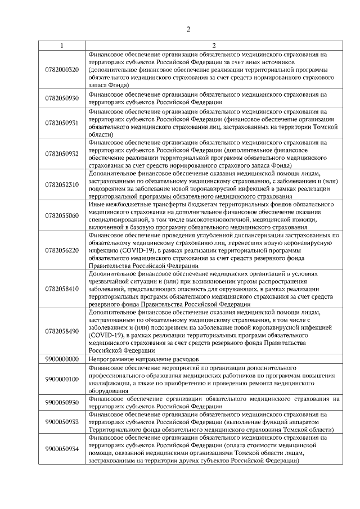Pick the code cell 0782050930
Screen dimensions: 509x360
[x=62, y=98]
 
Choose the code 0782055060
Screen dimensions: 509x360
[x=62, y=215]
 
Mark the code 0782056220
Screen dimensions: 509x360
[x=62, y=250]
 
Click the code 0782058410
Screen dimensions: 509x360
[x=62, y=289]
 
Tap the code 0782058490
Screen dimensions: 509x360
[x=62, y=331]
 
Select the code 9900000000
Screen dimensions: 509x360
[x=62, y=358]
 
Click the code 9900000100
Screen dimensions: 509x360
[x=62, y=379]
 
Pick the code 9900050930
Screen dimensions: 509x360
[x=62, y=403]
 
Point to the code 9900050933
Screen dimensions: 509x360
[x=62, y=422]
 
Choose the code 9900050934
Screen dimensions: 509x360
[x=62, y=449]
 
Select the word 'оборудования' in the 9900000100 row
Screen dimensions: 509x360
[x=108, y=394]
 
